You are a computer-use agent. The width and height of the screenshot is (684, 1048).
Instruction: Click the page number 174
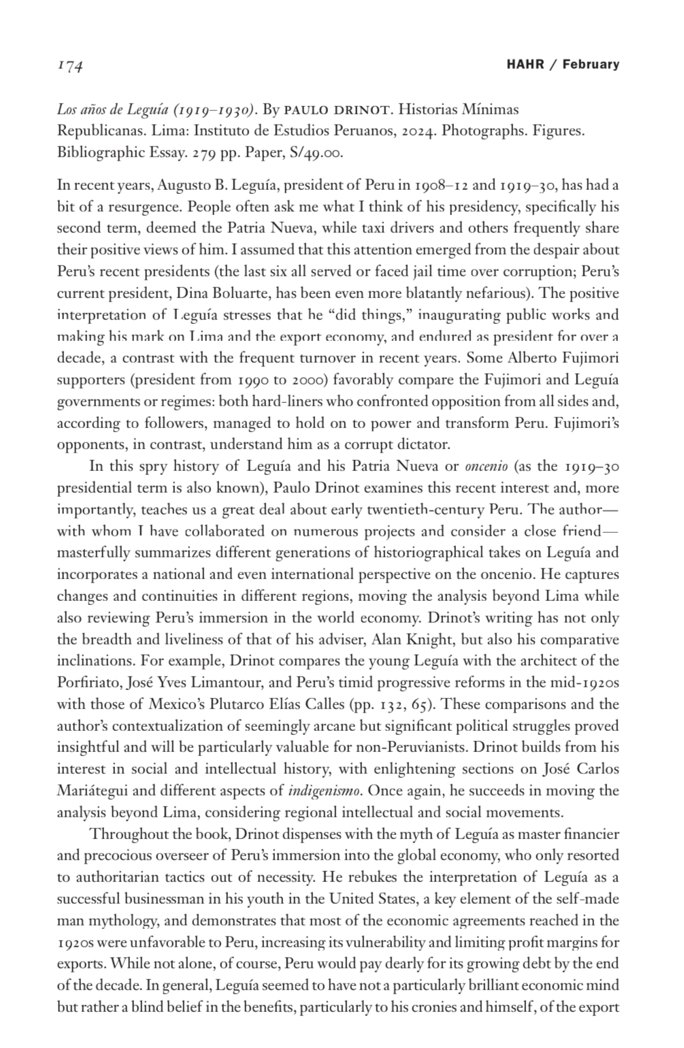point(70,66)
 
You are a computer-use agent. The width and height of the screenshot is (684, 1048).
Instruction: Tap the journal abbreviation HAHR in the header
point(525,65)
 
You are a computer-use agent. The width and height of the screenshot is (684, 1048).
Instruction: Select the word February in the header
point(591,65)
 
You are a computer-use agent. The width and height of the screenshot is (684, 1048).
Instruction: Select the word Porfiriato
point(88,683)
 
